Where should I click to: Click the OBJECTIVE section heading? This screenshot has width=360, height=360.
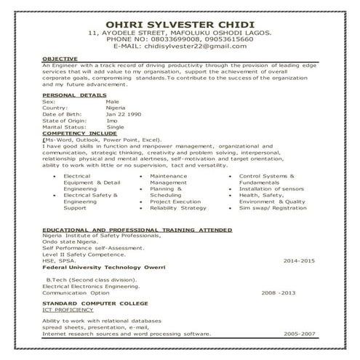click(x=59, y=58)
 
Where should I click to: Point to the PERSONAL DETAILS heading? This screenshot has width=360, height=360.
click(x=74, y=95)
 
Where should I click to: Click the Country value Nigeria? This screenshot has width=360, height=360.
click(x=117, y=108)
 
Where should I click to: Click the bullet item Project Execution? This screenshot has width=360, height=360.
click(x=175, y=201)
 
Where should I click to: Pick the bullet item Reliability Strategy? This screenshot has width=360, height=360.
click(x=178, y=208)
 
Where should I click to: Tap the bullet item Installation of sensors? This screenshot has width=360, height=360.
click(x=271, y=188)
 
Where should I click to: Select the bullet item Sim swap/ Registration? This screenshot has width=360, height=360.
click(x=273, y=208)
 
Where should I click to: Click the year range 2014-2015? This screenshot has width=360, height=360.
click(x=299, y=260)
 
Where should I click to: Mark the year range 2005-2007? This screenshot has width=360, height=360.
click(x=300, y=334)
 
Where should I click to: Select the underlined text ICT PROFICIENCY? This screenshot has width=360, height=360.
click(x=68, y=308)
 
